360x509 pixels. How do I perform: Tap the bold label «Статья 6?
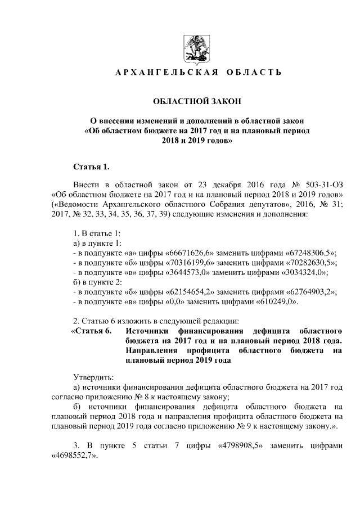click(91, 331)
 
